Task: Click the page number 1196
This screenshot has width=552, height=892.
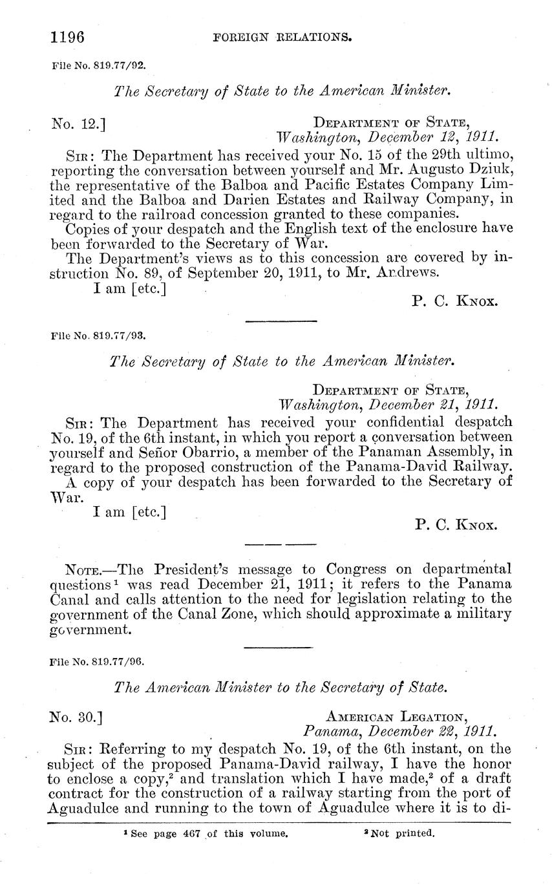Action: click(68, 37)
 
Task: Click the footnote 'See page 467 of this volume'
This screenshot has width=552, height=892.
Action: click(206, 834)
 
